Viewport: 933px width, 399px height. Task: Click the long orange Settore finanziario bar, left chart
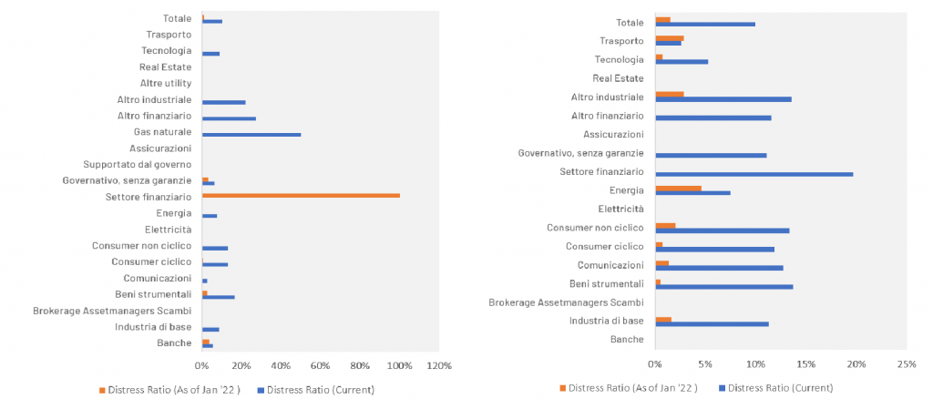click(301, 195)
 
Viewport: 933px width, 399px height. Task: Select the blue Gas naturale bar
click(251, 135)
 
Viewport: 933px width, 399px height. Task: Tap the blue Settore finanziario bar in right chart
click(754, 174)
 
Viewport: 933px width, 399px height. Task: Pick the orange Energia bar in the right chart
click(678, 188)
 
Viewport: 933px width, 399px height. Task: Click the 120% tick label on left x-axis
click(439, 365)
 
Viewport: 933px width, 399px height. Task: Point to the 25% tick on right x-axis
click(907, 363)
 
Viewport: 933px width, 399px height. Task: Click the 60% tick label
click(321, 365)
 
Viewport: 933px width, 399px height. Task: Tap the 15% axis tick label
click(805, 363)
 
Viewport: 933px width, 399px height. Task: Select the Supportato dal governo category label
click(138, 164)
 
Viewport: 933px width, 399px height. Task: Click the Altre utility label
click(166, 83)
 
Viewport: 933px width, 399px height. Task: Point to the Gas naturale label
click(163, 132)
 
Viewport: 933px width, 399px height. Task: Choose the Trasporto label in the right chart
click(623, 41)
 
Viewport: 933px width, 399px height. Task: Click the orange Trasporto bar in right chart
click(670, 38)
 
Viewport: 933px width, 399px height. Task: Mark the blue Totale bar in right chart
click(705, 25)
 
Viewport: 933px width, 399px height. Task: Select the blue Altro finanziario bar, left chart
click(229, 118)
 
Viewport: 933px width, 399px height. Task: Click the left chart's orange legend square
click(102, 390)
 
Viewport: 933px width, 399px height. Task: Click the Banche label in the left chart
click(174, 343)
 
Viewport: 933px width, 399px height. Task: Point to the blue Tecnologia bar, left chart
click(210, 54)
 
